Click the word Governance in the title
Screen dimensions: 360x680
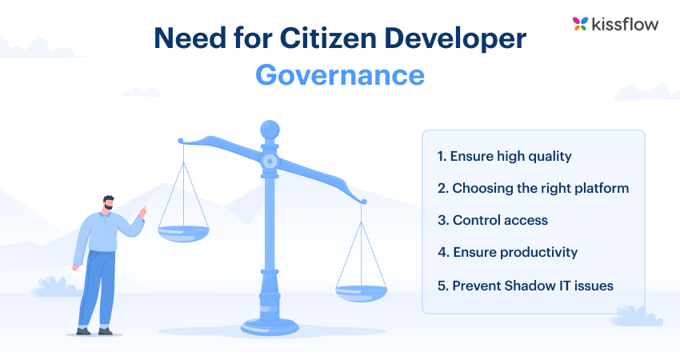(x=340, y=74)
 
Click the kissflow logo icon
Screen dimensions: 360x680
(x=581, y=24)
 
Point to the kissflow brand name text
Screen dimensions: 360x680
(x=626, y=24)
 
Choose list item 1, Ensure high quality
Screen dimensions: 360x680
(x=504, y=156)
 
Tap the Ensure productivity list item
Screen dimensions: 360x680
(x=507, y=252)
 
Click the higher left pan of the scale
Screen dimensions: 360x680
(x=183, y=233)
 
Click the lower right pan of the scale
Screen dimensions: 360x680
(x=361, y=293)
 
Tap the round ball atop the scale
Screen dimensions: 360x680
(x=270, y=129)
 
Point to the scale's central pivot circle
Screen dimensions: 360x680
(x=270, y=161)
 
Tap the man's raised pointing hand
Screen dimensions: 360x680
(x=143, y=211)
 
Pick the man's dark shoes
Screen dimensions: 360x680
(x=94, y=330)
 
